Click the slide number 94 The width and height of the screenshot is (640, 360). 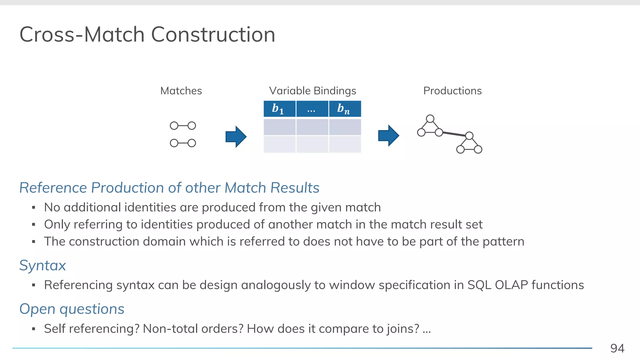617,348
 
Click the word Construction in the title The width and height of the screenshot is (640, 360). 213,34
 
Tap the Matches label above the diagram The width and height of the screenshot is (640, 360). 181,91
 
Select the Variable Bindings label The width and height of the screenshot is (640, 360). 312,91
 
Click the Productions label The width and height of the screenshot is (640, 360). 452,91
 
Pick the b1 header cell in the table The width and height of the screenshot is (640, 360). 279,109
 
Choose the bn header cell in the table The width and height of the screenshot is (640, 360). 345,109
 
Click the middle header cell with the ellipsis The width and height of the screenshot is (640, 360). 312,109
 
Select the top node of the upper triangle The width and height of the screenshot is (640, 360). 430,119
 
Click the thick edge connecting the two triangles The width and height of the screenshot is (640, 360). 454,134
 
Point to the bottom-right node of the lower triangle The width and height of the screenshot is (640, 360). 478,149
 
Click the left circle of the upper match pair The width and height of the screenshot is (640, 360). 174,126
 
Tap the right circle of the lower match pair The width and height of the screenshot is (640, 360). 192,143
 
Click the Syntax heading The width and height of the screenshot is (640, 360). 42,265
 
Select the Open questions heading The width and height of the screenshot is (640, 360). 72,309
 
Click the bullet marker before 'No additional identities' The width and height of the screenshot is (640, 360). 33,207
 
